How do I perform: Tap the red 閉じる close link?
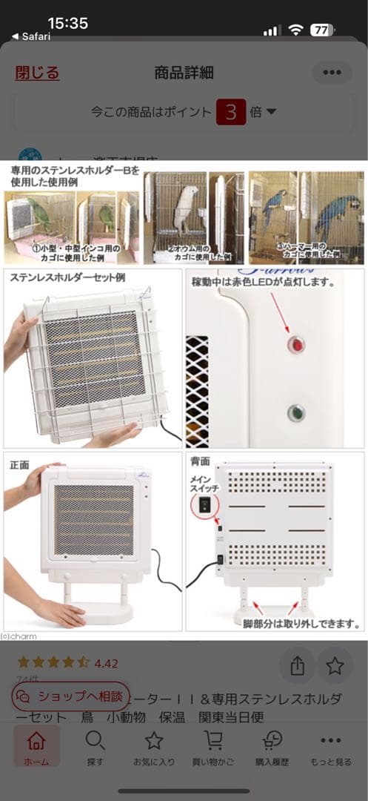(x=37, y=73)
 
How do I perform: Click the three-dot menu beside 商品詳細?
(x=332, y=73)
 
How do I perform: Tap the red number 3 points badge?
(x=231, y=112)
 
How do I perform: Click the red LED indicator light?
(x=296, y=345)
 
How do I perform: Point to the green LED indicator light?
(x=296, y=413)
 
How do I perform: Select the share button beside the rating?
(x=298, y=665)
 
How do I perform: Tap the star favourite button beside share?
(x=335, y=665)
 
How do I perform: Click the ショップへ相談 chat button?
(x=71, y=696)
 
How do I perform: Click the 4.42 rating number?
(x=107, y=663)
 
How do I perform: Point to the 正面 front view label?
(x=20, y=465)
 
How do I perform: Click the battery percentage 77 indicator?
(x=321, y=30)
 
